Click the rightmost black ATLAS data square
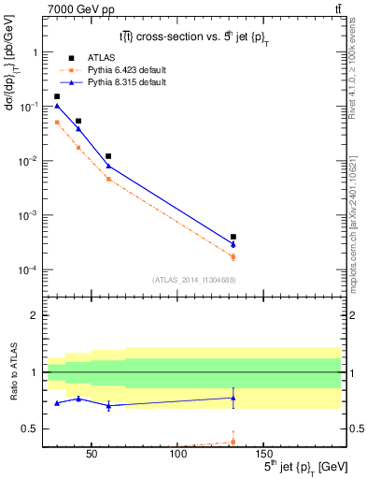pyautogui.click(x=233, y=237)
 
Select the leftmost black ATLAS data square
pyautogui.click(x=57, y=96)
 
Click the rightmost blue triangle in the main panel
pyautogui.click(x=233, y=244)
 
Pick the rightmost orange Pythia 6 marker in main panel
pyautogui.click(x=233, y=256)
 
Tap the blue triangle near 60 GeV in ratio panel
pyautogui.click(x=109, y=405)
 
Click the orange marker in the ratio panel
pyautogui.click(x=233, y=442)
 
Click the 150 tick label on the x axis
pyautogui.click(x=263, y=456)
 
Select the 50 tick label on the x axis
pyautogui.click(x=92, y=456)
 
